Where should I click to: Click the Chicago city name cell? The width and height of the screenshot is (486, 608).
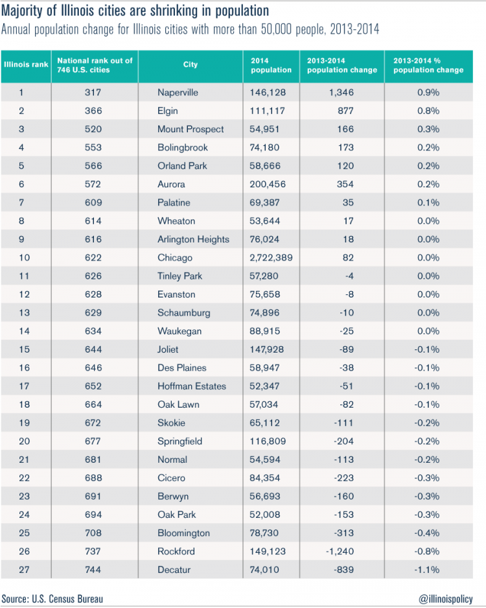175,258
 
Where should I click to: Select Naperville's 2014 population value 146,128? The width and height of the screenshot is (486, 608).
268,93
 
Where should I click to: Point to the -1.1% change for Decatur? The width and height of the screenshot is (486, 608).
428,570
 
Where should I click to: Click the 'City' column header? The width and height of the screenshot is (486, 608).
190,65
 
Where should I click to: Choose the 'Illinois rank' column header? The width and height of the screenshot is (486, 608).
26,65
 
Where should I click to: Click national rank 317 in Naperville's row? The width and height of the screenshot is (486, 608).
93,93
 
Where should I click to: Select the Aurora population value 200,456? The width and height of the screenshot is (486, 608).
268,184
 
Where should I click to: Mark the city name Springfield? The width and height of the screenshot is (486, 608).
180,441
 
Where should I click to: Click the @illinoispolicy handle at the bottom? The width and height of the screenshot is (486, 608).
446,598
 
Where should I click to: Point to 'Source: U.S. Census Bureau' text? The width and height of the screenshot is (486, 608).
52,598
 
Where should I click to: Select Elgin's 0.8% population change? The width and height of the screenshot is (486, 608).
428,111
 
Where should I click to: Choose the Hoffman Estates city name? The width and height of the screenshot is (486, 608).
192,386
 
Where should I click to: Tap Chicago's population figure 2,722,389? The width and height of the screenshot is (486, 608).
271,258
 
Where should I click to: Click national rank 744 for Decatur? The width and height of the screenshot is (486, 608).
93,570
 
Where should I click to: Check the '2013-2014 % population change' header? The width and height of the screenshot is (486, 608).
428,65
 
